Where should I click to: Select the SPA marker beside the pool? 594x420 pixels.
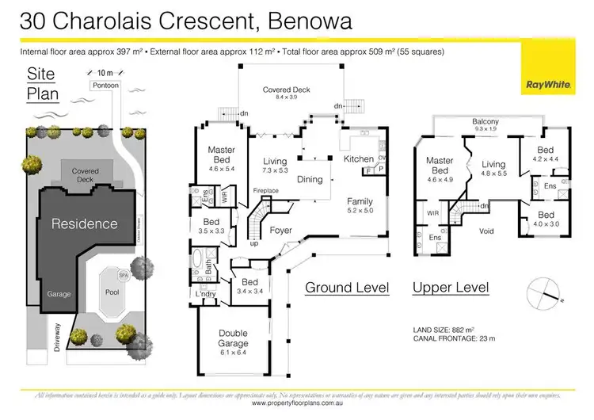pos(124,275)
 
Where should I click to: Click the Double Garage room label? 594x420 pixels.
pos(232,339)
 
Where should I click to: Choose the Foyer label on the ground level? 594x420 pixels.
pos(281,231)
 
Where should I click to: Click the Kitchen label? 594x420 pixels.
pos(358,159)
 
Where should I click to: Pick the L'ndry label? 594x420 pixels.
pos(205,295)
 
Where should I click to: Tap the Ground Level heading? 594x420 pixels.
pos(347,287)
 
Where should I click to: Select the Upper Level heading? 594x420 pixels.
pos(450,287)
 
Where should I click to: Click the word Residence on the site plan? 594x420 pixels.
pos(85,224)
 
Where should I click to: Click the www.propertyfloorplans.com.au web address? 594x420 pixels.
pos(296,403)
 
